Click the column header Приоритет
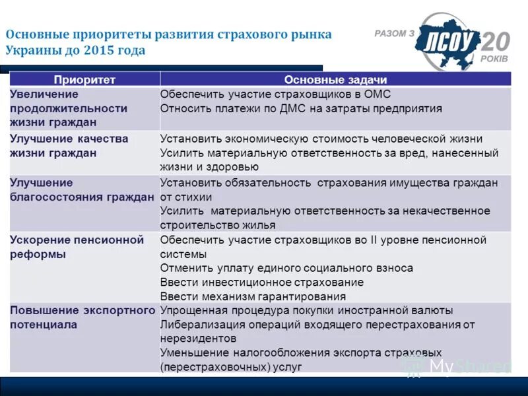click(x=84, y=80)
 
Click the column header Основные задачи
click(x=335, y=80)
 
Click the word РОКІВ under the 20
click(x=495, y=58)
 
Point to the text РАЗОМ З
click(x=394, y=33)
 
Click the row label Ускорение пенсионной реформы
click(x=77, y=247)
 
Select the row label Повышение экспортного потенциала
click(x=82, y=317)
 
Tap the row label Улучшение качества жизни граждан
click(x=69, y=146)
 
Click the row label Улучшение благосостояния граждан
click(x=81, y=190)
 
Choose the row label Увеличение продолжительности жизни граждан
click(x=68, y=108)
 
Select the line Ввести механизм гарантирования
click(x=253, y=297)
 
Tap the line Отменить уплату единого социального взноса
click(x=286, y=268)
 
